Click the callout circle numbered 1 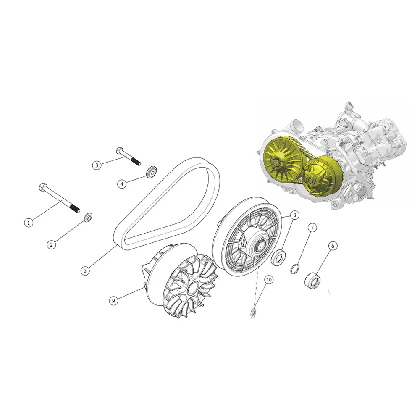(29, 223)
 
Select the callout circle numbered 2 (51, 244)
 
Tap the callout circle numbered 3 (97, 165)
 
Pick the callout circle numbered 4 (122, 184)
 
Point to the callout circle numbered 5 (85, 271)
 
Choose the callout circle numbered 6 (333, 246)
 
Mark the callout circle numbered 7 (312, 228)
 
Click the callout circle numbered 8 (295, 215)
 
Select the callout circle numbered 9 (113, 301)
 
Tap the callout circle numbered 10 (269, 280)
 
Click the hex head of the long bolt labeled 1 (43, 186)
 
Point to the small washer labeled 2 (88, 217)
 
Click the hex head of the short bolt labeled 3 (119, 150)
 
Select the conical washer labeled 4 (151, 172)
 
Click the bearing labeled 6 (312, 280)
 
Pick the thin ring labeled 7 (295, 269)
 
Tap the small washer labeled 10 (253, 313)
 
